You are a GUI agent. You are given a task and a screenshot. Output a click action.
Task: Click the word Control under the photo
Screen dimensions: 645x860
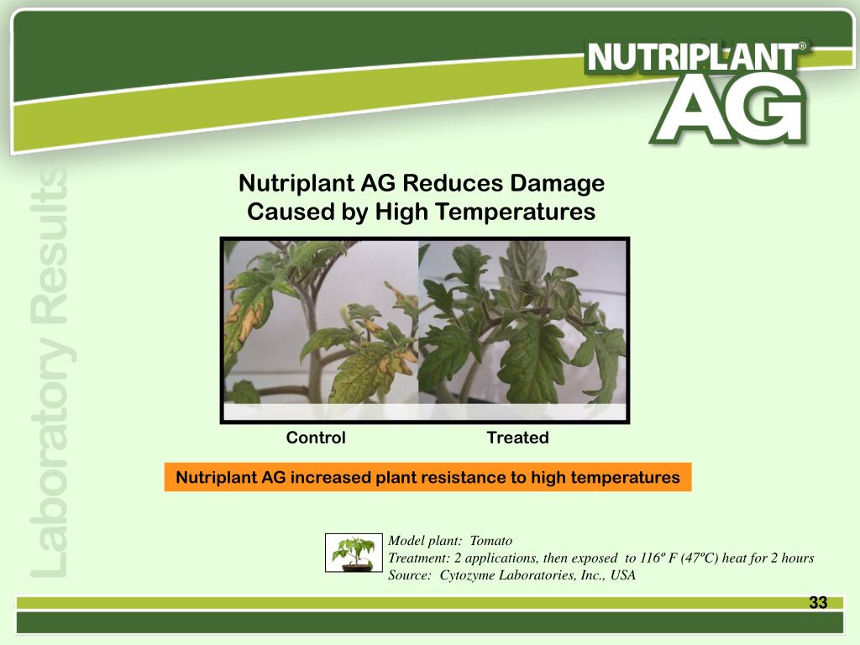[316, 438]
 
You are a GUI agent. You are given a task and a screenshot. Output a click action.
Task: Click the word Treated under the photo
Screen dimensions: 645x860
[517, 438]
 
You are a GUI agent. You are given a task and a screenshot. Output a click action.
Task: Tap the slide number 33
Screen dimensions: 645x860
[818, 602]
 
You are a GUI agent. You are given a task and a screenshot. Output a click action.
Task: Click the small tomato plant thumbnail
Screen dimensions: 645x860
[353, 552]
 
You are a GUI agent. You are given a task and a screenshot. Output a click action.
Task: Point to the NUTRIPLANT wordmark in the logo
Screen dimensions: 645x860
[694, 58]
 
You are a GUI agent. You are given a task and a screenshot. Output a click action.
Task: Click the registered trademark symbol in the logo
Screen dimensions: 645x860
[803, 48]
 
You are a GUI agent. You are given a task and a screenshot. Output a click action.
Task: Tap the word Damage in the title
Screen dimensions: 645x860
[557, 183]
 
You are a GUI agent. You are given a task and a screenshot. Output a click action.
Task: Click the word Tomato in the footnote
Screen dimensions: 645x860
[491, 541]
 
